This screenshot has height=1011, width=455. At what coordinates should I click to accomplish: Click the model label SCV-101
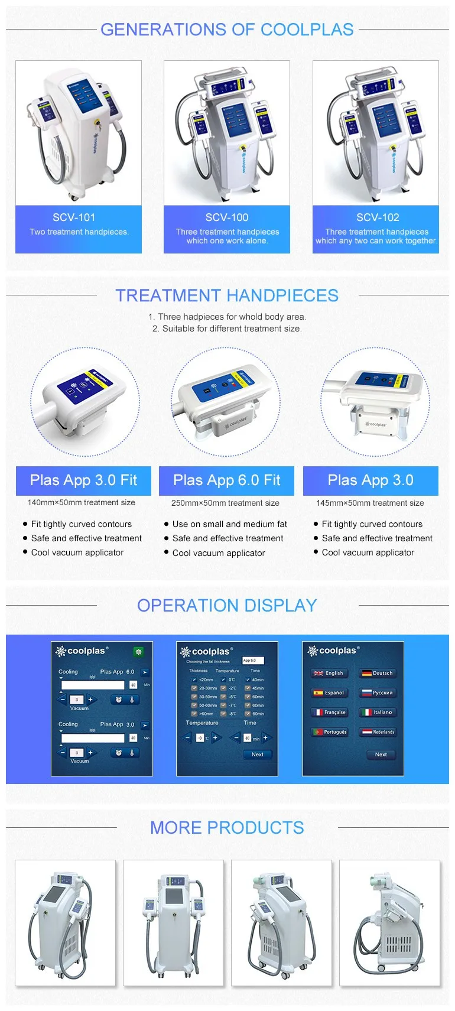[x=74, y=217]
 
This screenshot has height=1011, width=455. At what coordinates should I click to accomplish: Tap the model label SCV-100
[x=227, y=217]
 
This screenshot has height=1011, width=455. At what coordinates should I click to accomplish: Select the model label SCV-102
[x=378, y=217]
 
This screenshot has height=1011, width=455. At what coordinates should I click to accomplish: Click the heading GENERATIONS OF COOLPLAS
[x=227, y=30]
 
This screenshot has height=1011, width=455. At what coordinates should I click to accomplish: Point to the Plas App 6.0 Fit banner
[x=227, y=480]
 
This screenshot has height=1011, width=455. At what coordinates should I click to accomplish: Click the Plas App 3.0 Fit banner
[x=83, y=480]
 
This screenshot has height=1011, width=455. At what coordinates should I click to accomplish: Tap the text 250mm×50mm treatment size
[x=225, y=503]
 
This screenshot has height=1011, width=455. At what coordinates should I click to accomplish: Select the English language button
[x=329, y=673]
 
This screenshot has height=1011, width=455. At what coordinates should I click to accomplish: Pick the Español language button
[x=329, y=693]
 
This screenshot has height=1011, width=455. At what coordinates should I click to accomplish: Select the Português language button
[x=330, y=732]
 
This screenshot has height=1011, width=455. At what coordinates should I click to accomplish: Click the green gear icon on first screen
[x=139, y=651]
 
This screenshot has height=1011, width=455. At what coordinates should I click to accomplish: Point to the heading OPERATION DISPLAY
[x=227, y=606]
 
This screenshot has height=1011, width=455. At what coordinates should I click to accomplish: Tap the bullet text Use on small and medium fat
[x=229, y=524]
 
